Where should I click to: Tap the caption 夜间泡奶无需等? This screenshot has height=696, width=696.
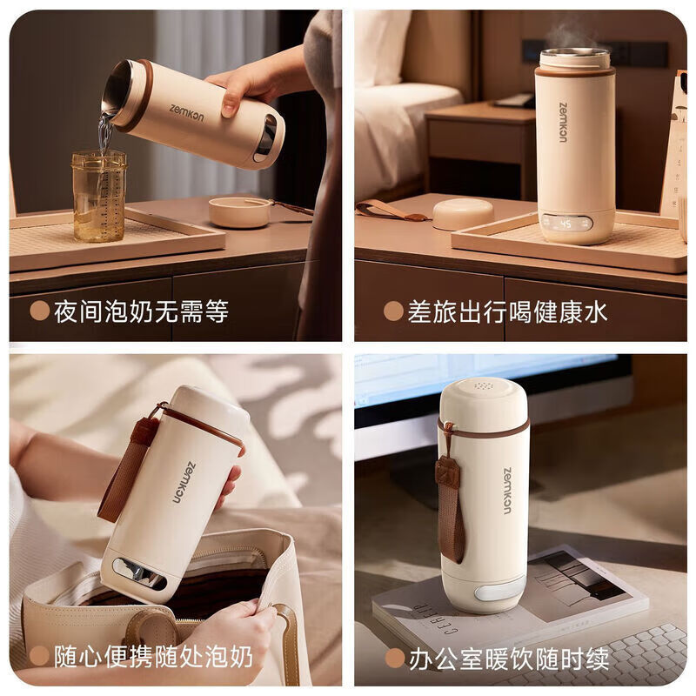[141, 311]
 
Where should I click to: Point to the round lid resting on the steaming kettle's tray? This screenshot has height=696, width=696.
[462, 214]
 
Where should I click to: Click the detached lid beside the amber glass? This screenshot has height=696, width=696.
[239, 211]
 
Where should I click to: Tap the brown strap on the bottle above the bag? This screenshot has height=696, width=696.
[122, 470]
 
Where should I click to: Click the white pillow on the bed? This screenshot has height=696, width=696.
[381, 48]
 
